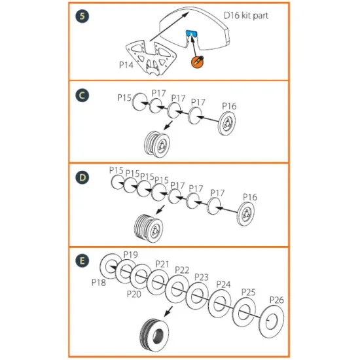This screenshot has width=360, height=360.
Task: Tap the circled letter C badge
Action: point(80,96)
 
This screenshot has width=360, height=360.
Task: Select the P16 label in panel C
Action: point(229,106)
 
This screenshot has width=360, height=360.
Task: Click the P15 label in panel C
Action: point(124,98)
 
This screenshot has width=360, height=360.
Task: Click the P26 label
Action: point(276,300)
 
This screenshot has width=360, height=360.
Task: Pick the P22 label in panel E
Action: point(182,270)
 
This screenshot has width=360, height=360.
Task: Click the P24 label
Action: point(223,284)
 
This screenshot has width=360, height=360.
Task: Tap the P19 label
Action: point(130,254)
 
